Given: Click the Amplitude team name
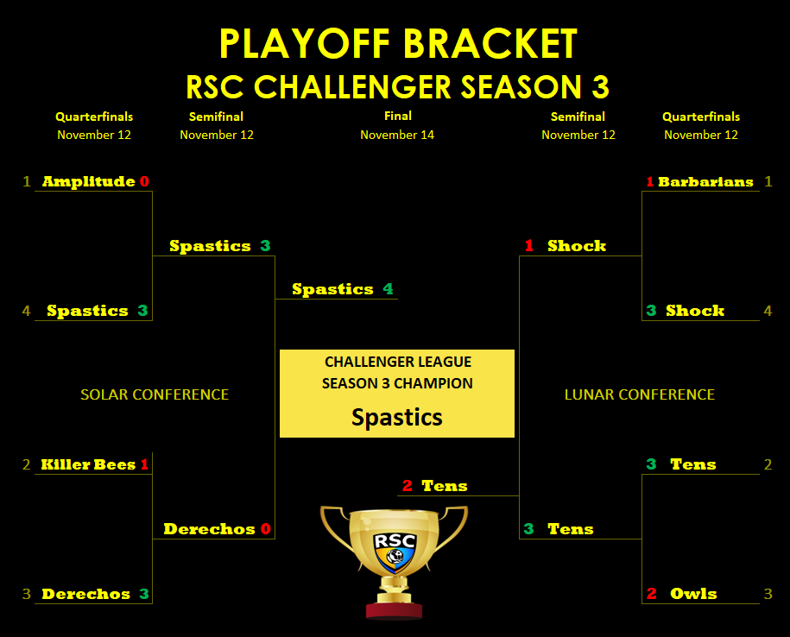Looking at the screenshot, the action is coord(89,181).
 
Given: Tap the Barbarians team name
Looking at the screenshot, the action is coord(705,182).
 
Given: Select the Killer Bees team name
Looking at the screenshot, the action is coord(88,464).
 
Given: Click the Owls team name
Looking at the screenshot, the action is coord(693,594).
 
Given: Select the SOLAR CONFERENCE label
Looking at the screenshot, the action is coord(155,394).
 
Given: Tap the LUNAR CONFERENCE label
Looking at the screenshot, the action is coord(640,394).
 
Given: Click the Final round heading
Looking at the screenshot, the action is coord(398,116).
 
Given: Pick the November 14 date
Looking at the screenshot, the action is coord(397,135).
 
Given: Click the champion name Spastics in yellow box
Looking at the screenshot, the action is coord(397,418).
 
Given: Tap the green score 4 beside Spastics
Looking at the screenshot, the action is coord(388,288).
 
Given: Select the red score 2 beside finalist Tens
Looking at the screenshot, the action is coord(408,486).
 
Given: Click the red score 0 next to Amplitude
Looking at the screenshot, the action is coord(144,181).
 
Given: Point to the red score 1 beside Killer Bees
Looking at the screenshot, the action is coord(144,464).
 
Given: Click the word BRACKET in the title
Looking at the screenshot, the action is coord(490,44).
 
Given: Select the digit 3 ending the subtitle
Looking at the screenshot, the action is coord(600,86).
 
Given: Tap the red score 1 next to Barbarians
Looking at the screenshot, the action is coord(650,182).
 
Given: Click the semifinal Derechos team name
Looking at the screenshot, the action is coord(209,529).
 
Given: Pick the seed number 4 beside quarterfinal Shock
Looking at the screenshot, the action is coord(768,311).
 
